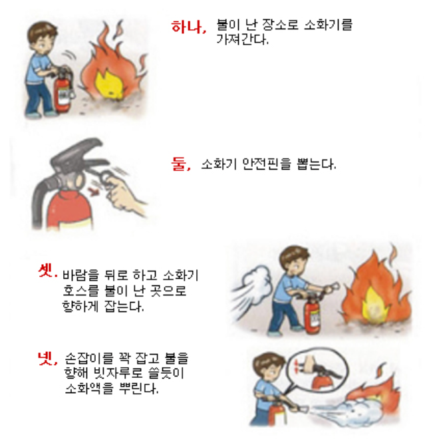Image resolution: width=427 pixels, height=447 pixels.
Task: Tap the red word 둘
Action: pyautogui.click(x=180, y=164)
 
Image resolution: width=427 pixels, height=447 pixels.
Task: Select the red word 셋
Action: pyautogui.click(x=47, y=271)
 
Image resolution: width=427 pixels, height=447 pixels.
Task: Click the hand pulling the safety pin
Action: pyautogui.click(x=126, y=192)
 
